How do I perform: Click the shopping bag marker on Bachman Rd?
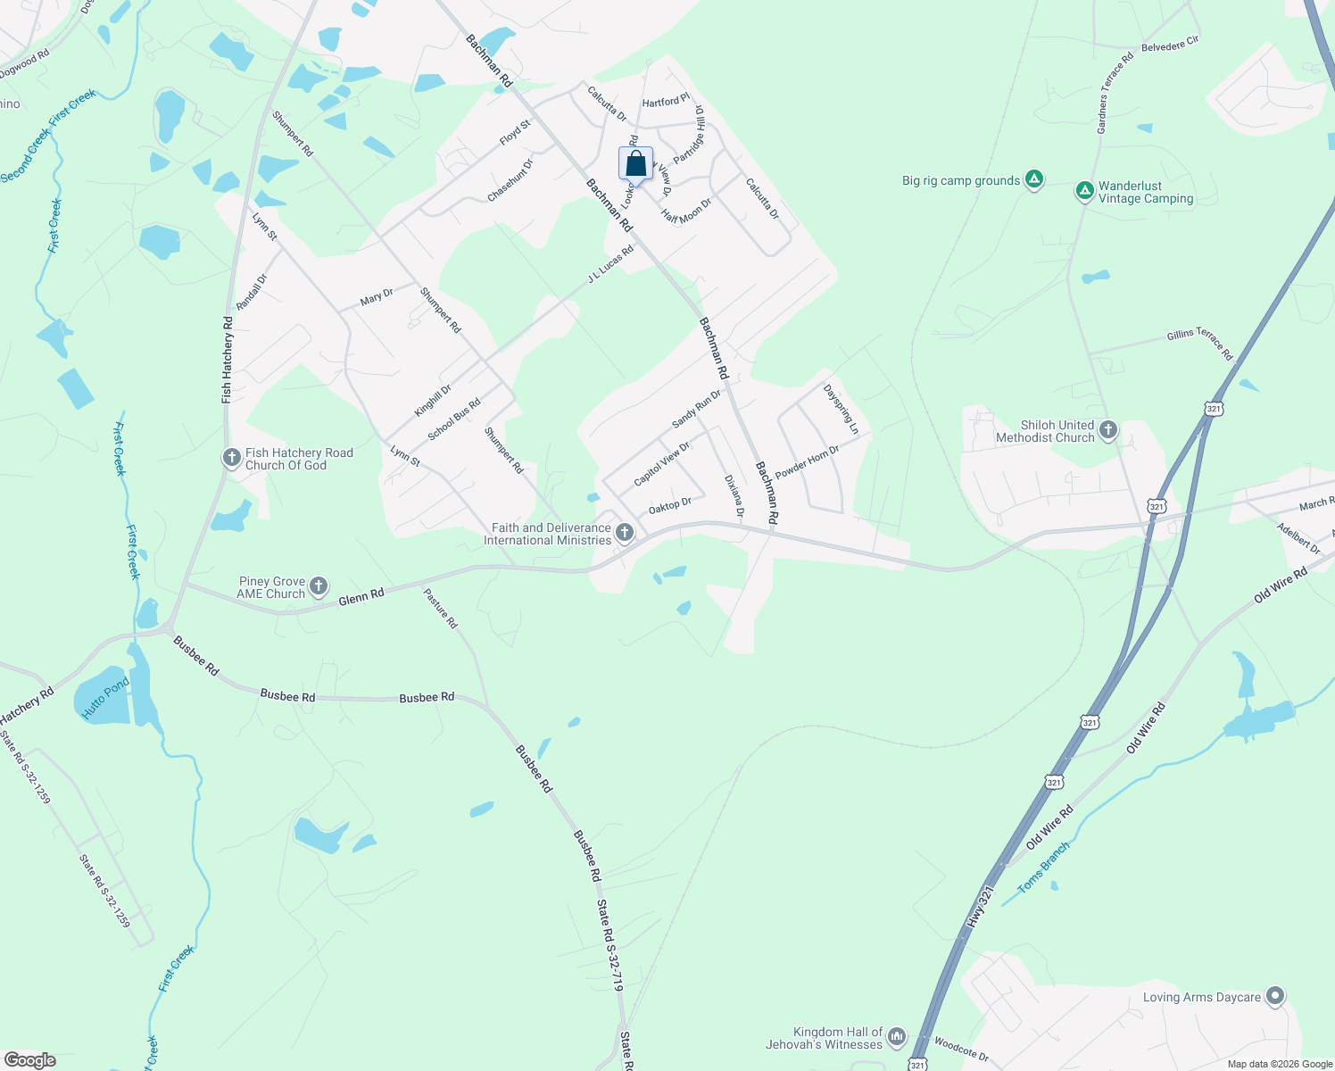[x=635, y=164]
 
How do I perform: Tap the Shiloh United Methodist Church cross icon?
[x=1107, y=430]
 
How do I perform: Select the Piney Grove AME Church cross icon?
[x=319, y=586]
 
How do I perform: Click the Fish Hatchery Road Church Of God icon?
[x=231, y=459]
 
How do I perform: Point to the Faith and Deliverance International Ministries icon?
[x=625, y=534]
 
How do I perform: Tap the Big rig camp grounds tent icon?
[x=1033, y=179]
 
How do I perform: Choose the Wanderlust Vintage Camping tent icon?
[x=1084, y=190]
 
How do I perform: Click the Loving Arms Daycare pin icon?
[x=1275, y=996]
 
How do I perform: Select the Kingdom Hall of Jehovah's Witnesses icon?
[x=897, y=1036]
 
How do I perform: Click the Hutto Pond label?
[x=105, y=699]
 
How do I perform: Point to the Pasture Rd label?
[x=440, y=609]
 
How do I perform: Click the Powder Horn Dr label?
[x=807, y=462]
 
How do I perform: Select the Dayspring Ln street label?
[x=841, y=410]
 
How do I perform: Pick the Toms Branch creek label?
[x=1043, y=868]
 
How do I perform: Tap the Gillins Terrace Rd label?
[x=1199, y=344]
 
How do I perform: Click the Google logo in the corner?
[x=29, y=1060]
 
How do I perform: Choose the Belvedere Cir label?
[x=1170, y=44]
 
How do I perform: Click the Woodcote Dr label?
[x=961, y=1049]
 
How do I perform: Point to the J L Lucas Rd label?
[x=610, y=264]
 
